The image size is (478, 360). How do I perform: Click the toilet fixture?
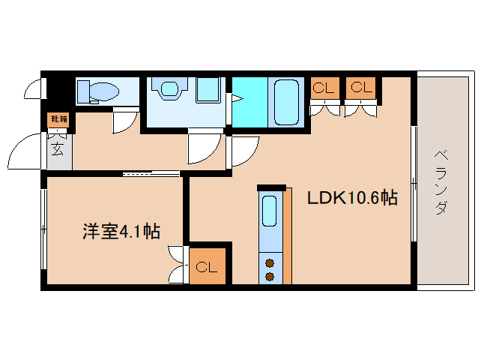(x=99, y=91)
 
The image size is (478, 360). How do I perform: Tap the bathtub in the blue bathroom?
(x=285, y=101)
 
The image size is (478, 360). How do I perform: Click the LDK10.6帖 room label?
(x=351, y=199)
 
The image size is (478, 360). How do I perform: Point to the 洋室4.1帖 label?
(x=121, y=232)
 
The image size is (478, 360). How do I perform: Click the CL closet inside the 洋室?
(x=207, y=267)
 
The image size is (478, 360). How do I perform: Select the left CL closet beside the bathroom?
(x=323, y=88)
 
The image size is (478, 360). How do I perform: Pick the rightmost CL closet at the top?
(x=360, y=88)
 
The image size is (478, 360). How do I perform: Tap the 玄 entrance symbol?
(x=58, y=148)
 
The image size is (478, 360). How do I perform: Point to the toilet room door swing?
(x=125, y=121)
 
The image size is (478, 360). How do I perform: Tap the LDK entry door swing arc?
(x=243, y=152)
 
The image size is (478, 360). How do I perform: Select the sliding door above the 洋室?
(x=152, y=174)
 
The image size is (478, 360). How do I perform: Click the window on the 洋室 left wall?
(x=43, y=228)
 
